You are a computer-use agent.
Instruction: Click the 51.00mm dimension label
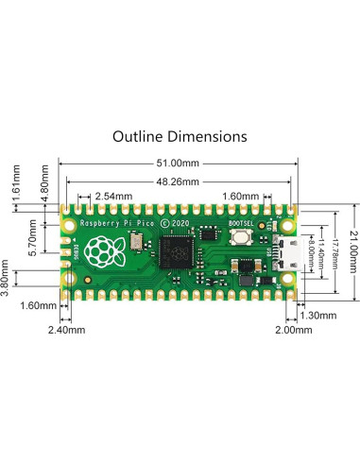point(178,164)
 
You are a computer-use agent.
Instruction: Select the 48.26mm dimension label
point(178,181)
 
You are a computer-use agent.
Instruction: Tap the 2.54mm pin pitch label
point(113,197)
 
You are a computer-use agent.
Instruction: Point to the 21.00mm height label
point(353,252)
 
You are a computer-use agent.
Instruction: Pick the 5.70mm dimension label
point(32,238)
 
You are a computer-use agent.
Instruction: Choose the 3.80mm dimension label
point(5,278)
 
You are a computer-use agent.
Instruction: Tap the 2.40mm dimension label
point(66,330)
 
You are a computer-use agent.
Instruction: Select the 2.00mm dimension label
point(294,330)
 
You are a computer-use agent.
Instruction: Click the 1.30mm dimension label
point(318,315)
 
